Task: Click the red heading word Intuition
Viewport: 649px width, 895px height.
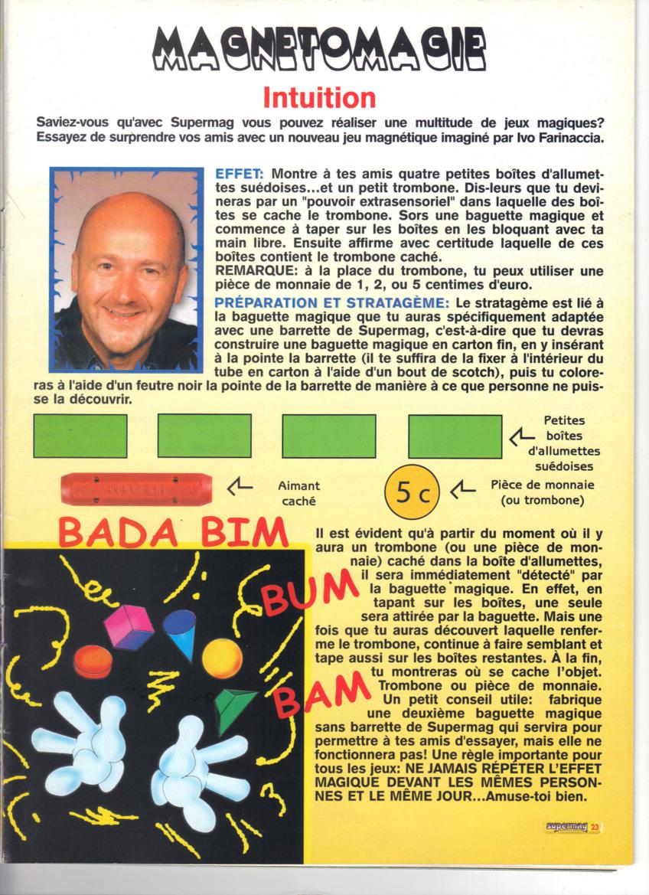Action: pos(319,98)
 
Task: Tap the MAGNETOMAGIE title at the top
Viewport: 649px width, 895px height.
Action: pos(319,51)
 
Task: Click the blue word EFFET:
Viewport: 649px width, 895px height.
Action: pos(240,174)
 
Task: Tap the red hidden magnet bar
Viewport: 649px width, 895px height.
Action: pos(136,489)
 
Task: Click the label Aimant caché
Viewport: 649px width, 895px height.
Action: pos(298,492)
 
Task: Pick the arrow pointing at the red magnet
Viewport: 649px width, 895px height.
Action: pos(240,485)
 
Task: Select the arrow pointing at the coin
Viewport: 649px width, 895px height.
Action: pos(464,488)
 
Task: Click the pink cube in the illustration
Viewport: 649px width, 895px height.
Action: pos(129,626)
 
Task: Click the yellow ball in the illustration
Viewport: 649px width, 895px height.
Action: pos(222,658)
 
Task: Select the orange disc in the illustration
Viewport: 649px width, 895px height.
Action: pos(92,660)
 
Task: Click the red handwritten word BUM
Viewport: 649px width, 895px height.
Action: pos(311,596)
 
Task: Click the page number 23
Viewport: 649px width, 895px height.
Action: pos(595,827)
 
